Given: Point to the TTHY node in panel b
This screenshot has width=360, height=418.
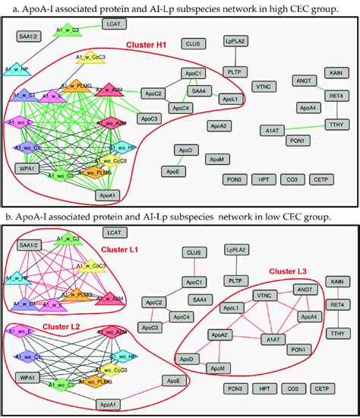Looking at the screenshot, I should [334, 333].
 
